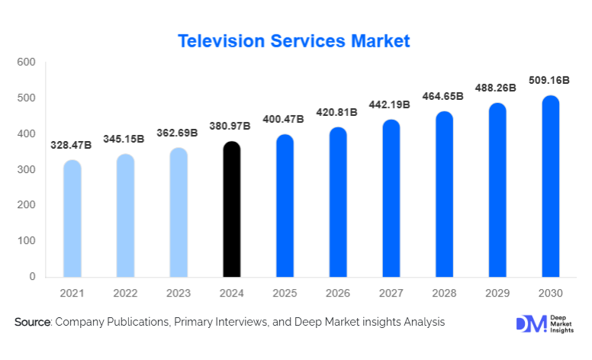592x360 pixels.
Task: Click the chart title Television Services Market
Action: click(x=294, y=41)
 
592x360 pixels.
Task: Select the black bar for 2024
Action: click(x=232, y=209)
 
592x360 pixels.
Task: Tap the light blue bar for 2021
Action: click(x=72, y=218)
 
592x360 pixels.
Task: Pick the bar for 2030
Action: click(x=550, y=186)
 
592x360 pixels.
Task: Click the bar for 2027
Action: click(x=391, y=198)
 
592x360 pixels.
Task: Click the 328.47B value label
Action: click(x=72, y=144)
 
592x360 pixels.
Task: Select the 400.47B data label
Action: click(x=285, y=119)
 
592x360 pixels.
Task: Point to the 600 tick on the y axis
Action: click(x=26, y=62)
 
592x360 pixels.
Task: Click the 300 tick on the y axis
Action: click(x=26, y=169)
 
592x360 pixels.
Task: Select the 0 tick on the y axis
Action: click(x=32, y=277)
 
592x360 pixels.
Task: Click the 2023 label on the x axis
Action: click(x=179, y=293)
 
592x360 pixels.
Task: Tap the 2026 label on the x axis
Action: click(x=338, y=293)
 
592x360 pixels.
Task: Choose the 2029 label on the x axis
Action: click(x=497, y=293)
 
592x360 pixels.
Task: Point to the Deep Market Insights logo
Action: click(x=542, y=323)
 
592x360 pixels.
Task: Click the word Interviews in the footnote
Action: click(x=239, y=323)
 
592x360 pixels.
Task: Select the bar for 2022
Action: click(x=125, y=215)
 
